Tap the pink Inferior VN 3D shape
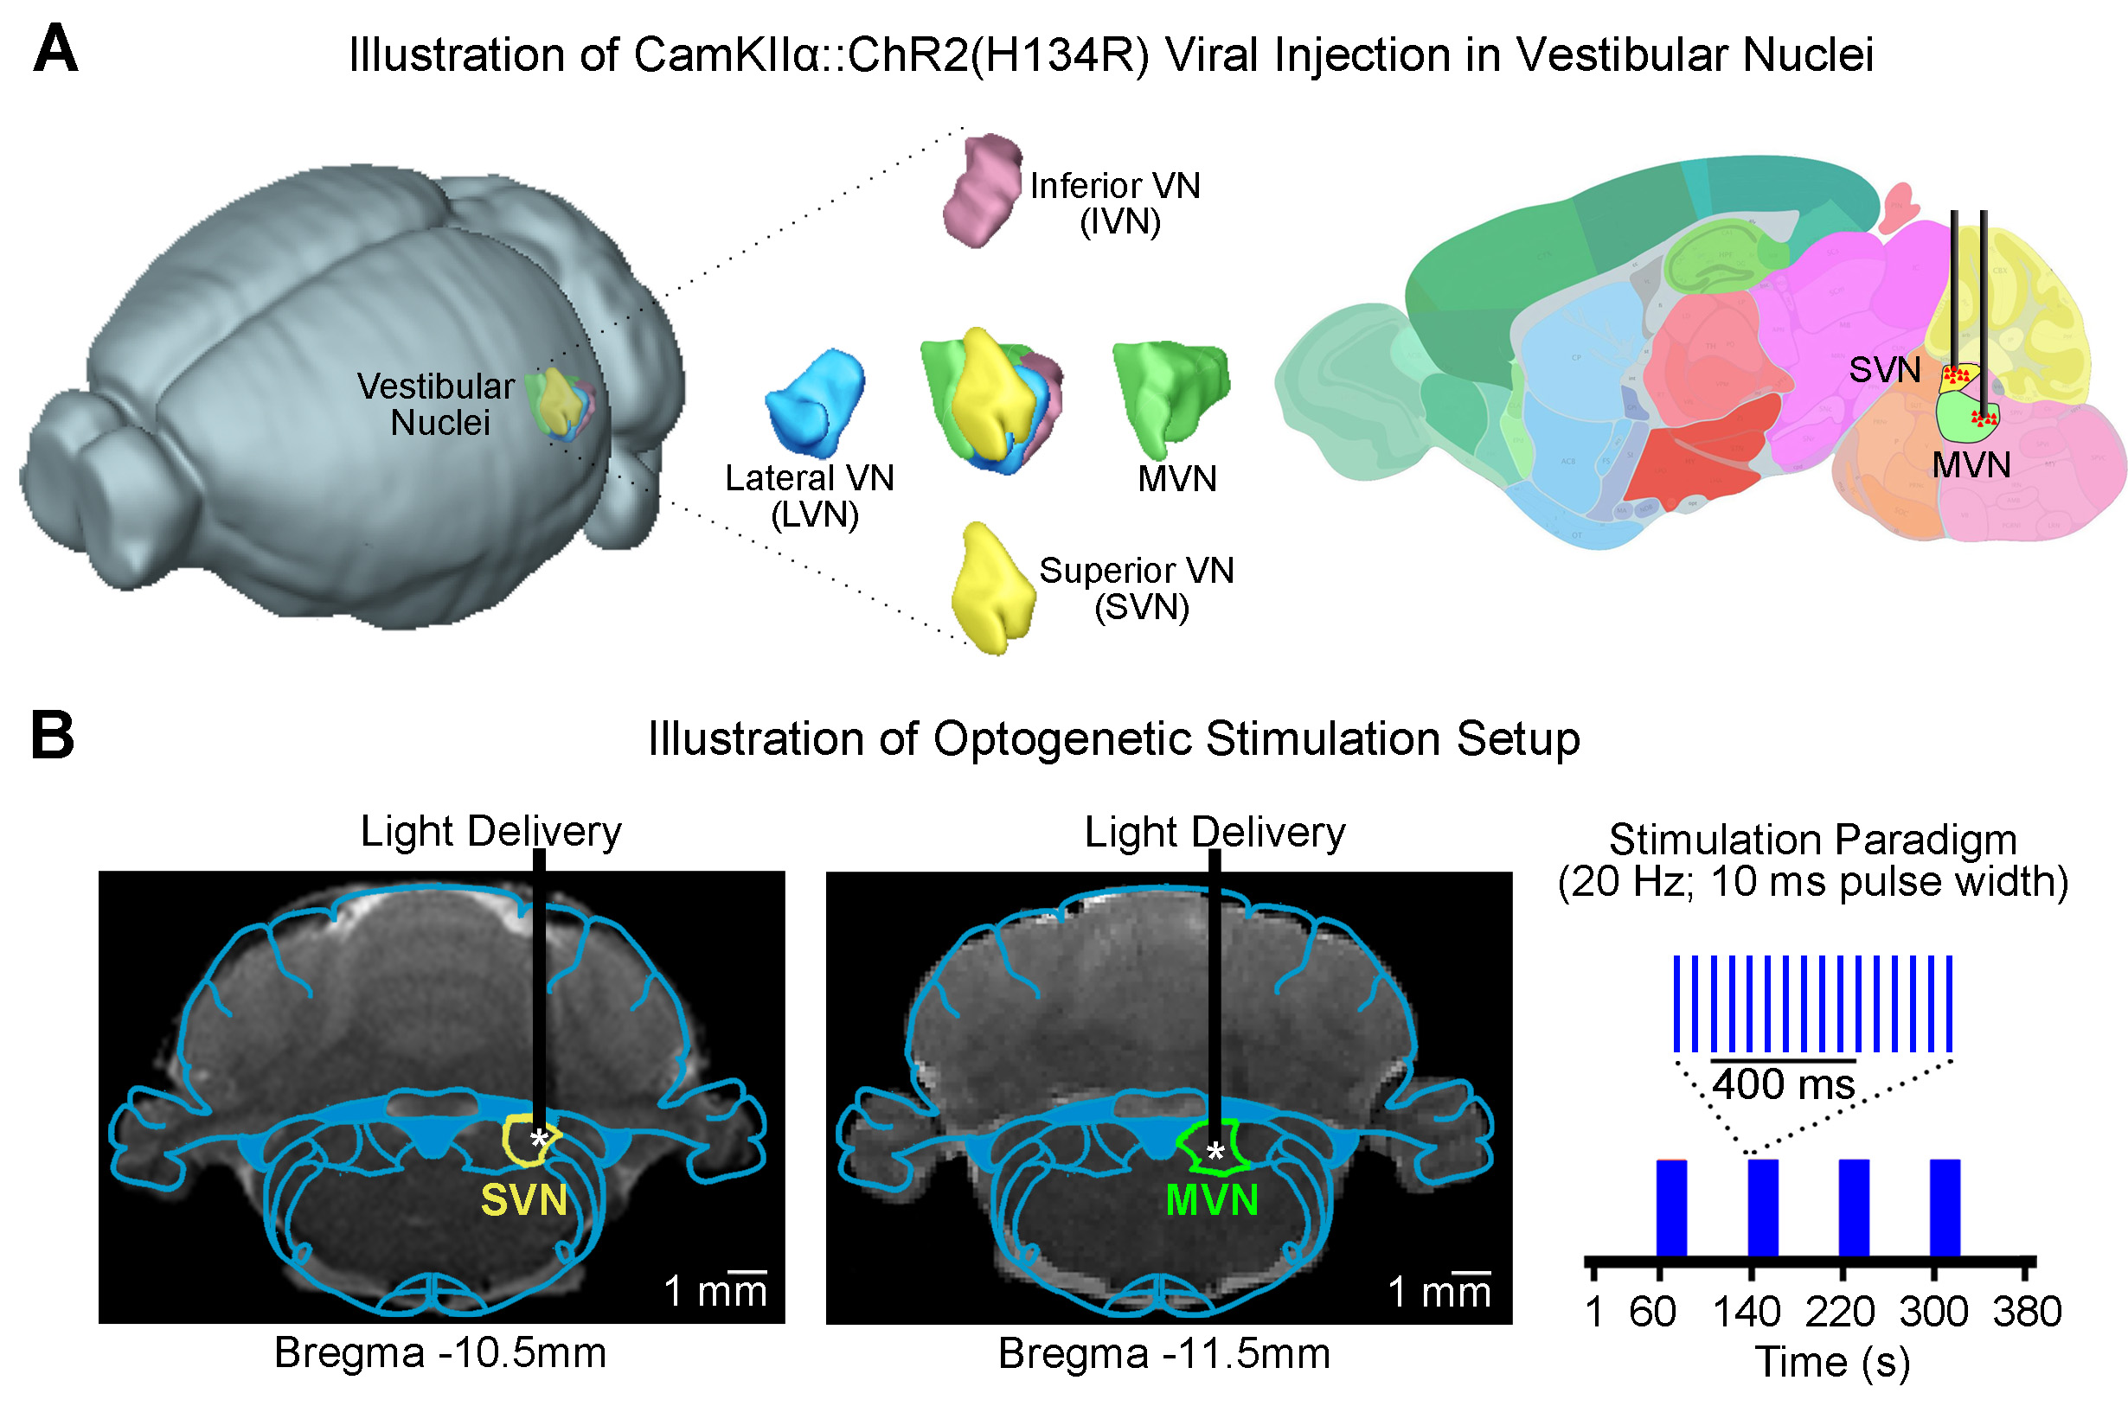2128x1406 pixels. point(982,189)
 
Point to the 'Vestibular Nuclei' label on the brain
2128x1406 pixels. point(437,405)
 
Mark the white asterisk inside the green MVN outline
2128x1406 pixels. point(1215,1154)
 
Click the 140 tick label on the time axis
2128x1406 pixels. point(1746,1312)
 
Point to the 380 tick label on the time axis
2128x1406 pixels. point(2027,1312)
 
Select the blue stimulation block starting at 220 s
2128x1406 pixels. point(1854,1207)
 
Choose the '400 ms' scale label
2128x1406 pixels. point(1784,1085)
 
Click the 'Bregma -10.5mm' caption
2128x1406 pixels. point(440,1353)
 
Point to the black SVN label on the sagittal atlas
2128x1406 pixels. point(1884,369)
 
